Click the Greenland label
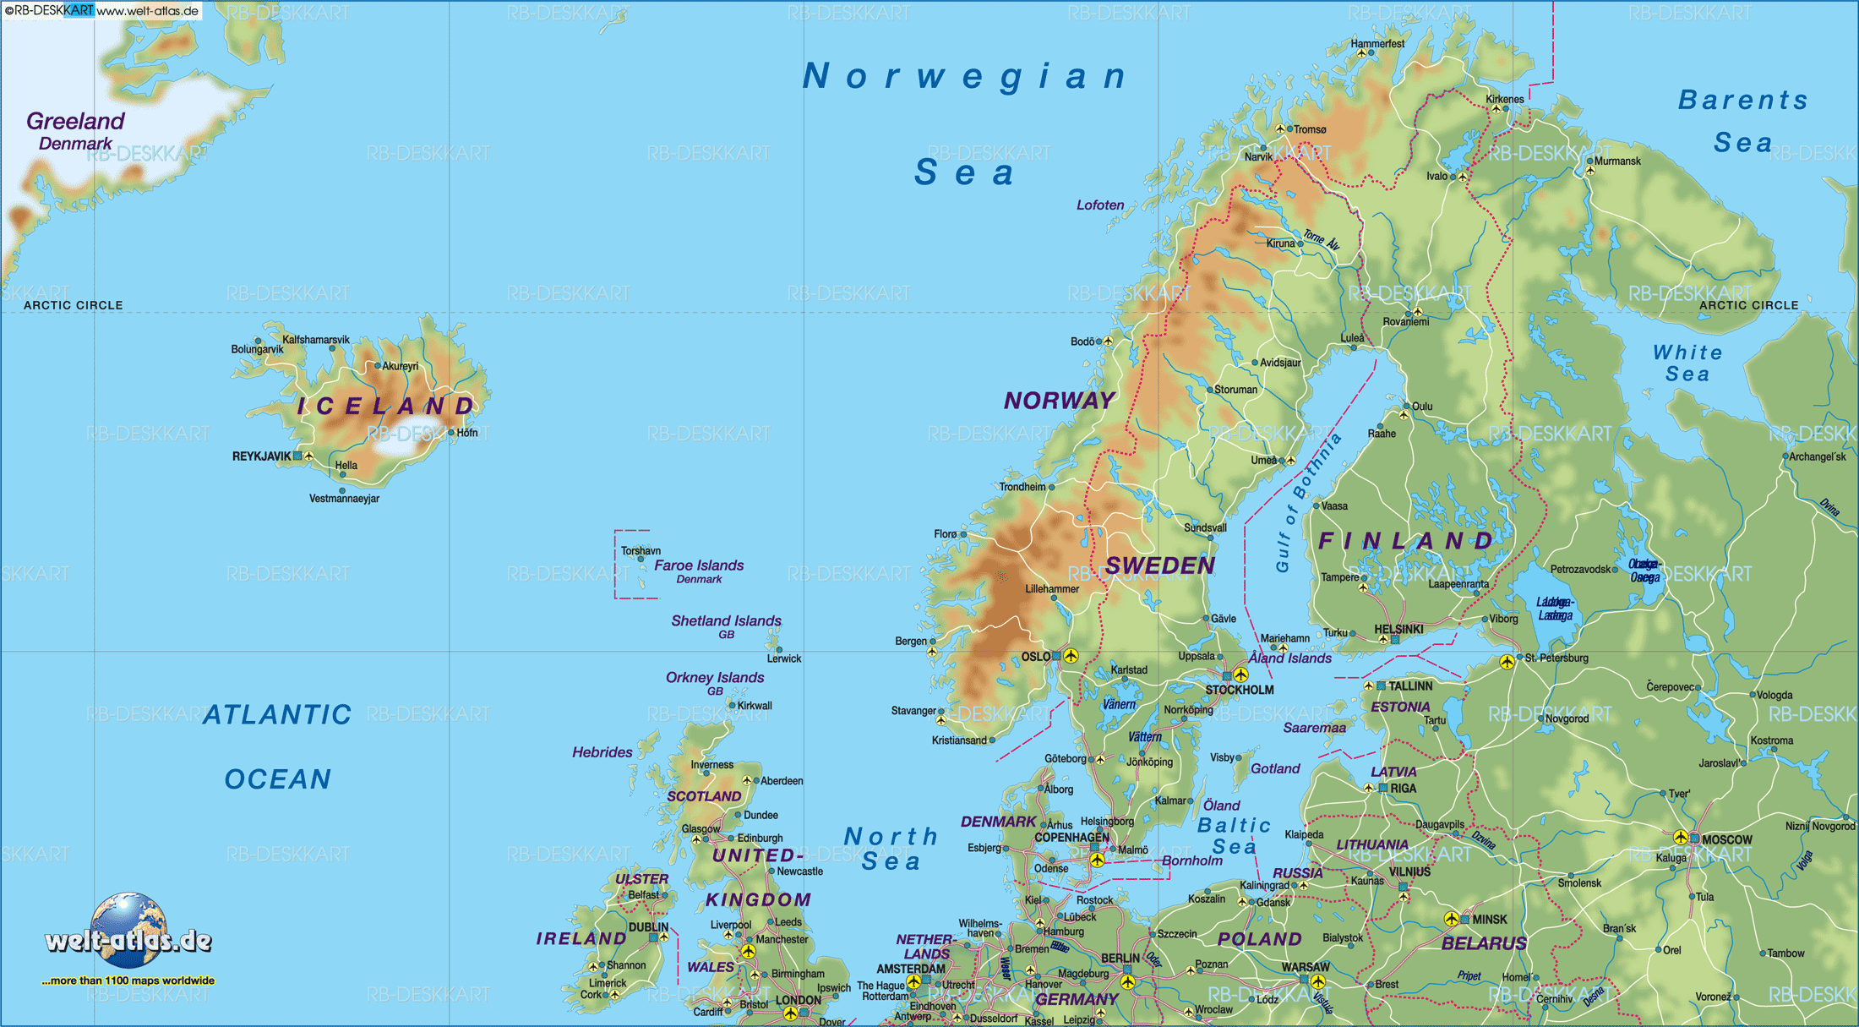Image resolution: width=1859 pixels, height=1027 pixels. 75,121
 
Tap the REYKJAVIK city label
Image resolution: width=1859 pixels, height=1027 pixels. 261,456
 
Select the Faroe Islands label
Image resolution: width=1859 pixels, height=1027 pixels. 699,565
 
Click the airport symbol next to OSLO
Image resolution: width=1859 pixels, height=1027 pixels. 1071,656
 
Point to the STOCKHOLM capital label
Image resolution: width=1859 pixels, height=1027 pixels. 1239,690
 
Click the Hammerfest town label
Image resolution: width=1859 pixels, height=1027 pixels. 1377,43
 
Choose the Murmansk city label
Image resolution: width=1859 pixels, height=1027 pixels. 1617,161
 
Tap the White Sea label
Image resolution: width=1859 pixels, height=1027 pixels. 1687,363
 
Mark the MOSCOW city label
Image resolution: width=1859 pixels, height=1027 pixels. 1726,839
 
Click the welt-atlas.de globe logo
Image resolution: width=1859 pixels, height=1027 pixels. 128,931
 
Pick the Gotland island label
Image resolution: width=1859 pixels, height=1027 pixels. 1275,768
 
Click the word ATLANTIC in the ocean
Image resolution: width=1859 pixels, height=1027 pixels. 277,715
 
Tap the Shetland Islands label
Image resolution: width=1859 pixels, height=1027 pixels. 726,620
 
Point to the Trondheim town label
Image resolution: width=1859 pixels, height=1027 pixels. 1022,487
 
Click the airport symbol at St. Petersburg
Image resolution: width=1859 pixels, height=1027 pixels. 1507,662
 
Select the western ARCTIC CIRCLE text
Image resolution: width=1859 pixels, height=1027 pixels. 74,305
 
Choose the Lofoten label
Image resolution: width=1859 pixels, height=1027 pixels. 1100,205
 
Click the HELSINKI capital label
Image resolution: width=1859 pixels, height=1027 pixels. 1398,629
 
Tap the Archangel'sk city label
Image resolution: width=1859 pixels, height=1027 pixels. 1818,456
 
